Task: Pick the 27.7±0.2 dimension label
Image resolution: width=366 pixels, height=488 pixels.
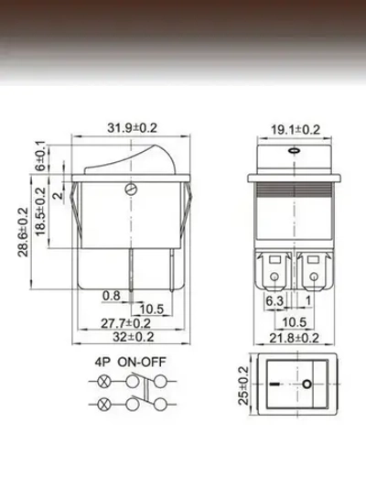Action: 124,323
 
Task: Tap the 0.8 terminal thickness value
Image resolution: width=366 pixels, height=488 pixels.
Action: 111,295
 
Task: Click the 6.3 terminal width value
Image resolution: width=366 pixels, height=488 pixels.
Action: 274,299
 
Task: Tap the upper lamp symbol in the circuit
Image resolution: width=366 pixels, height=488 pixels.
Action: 102,380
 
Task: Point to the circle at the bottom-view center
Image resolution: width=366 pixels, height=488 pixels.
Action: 307,385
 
